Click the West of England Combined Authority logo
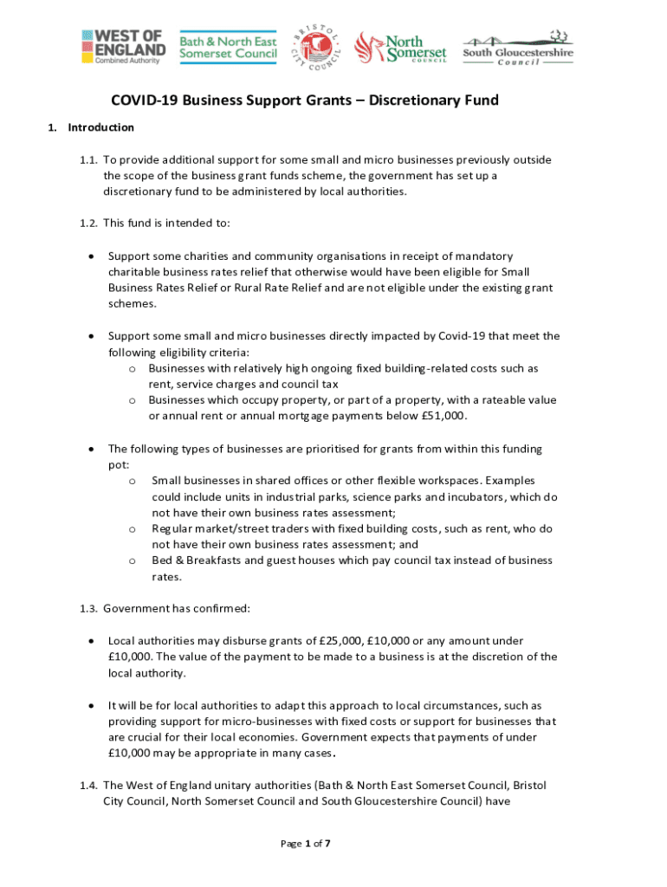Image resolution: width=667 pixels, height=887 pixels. point(121,46)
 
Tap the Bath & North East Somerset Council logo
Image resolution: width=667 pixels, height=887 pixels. point(229,48)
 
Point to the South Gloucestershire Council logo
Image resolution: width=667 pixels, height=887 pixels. point(517,48)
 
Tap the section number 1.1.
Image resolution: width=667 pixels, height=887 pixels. point(87,160)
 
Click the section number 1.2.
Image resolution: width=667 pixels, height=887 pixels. point(87,223)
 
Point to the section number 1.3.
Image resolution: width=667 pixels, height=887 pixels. point(87,608)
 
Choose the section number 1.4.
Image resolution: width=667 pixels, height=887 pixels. point(87,786)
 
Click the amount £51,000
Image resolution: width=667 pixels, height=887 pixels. point(442,416)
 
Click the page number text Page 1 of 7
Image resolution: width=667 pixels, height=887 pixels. point(305,843)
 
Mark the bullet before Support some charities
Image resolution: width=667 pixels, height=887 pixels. point(91,256)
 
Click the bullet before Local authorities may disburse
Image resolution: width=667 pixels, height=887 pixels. point(91,641)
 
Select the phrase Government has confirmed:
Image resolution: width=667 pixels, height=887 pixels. point(176,608)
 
